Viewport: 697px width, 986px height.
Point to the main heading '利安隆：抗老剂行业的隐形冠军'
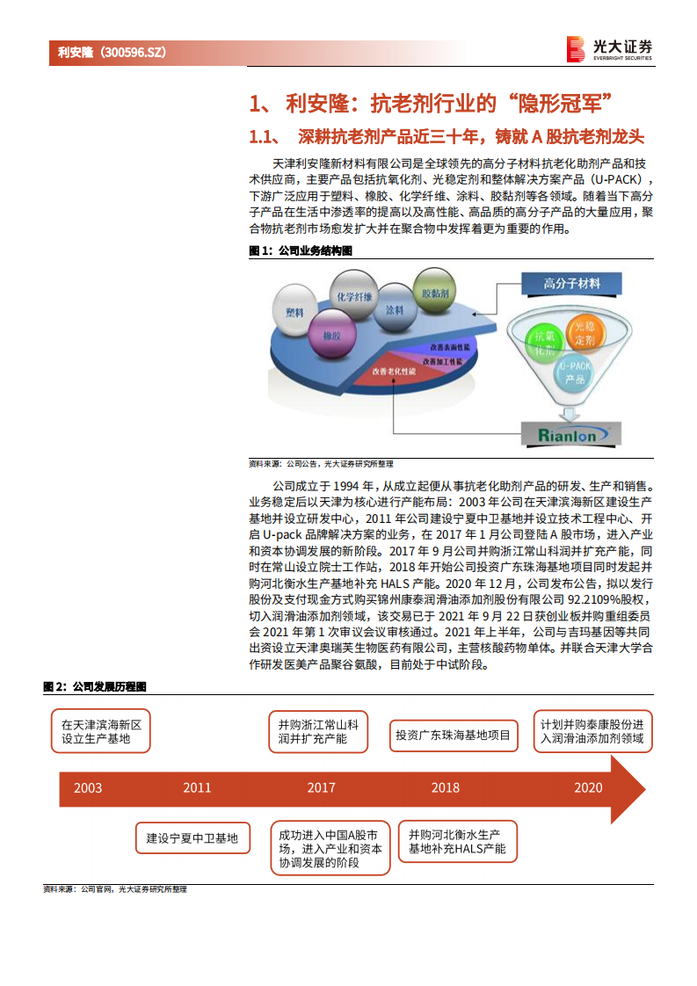[430, 103]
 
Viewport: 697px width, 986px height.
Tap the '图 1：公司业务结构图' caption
[301, 250]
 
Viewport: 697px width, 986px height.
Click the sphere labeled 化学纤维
[354, 295]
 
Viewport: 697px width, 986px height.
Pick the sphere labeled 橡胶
[331, 336]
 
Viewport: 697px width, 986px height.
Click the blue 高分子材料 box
[572, 284]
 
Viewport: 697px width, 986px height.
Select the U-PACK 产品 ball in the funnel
[575, 373]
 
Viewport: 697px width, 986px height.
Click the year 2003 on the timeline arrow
[88, 787]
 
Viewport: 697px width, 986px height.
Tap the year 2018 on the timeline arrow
[445, 787]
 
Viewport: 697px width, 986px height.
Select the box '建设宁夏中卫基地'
[192, 838]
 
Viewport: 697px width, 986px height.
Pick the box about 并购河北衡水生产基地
[457, 842]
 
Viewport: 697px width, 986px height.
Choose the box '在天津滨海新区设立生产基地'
[100, 732]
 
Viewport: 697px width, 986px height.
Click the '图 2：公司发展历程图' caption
[95, 686]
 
